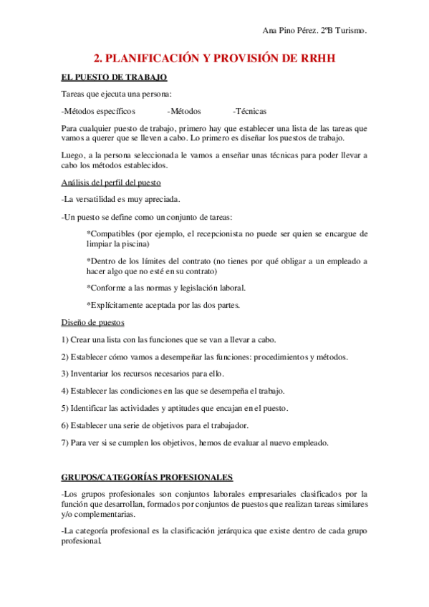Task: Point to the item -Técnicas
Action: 249,111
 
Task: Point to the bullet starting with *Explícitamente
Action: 163,305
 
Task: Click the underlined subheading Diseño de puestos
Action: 93,322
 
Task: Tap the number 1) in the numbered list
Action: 64,339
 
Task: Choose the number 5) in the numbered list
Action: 64,408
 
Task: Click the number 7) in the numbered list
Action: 64,442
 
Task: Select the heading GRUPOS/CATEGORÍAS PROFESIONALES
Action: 147,477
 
